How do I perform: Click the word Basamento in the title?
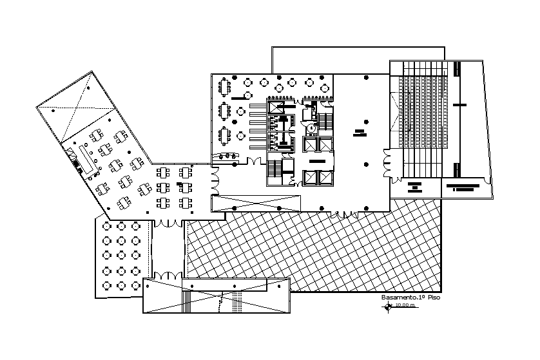394,298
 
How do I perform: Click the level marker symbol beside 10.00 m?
387,306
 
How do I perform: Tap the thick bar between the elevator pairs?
316,160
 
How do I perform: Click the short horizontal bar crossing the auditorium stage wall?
460,104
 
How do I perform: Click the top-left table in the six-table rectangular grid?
163,172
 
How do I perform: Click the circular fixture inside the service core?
312,128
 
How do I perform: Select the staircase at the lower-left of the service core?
275,168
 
